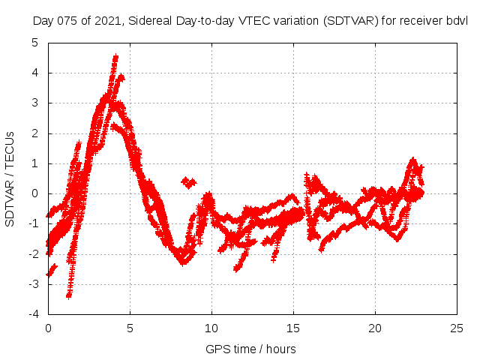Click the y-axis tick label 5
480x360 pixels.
tap(34, 43)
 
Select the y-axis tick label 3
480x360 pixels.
tap(34, 103)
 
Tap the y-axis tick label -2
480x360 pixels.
tap(33, 254)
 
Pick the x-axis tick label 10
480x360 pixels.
tap(211, 328)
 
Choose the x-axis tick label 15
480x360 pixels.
tap(293, 328)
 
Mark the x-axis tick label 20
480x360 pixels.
tap(375, 328)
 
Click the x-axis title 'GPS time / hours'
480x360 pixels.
tap(250, 349)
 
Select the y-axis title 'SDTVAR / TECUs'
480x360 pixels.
tap(10, 178)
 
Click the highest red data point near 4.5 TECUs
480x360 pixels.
tap(115, 56)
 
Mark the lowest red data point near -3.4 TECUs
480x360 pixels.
tap(68, 295)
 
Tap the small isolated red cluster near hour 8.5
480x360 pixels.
tap(189, 182)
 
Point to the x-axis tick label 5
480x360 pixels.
tap(130, 328)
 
